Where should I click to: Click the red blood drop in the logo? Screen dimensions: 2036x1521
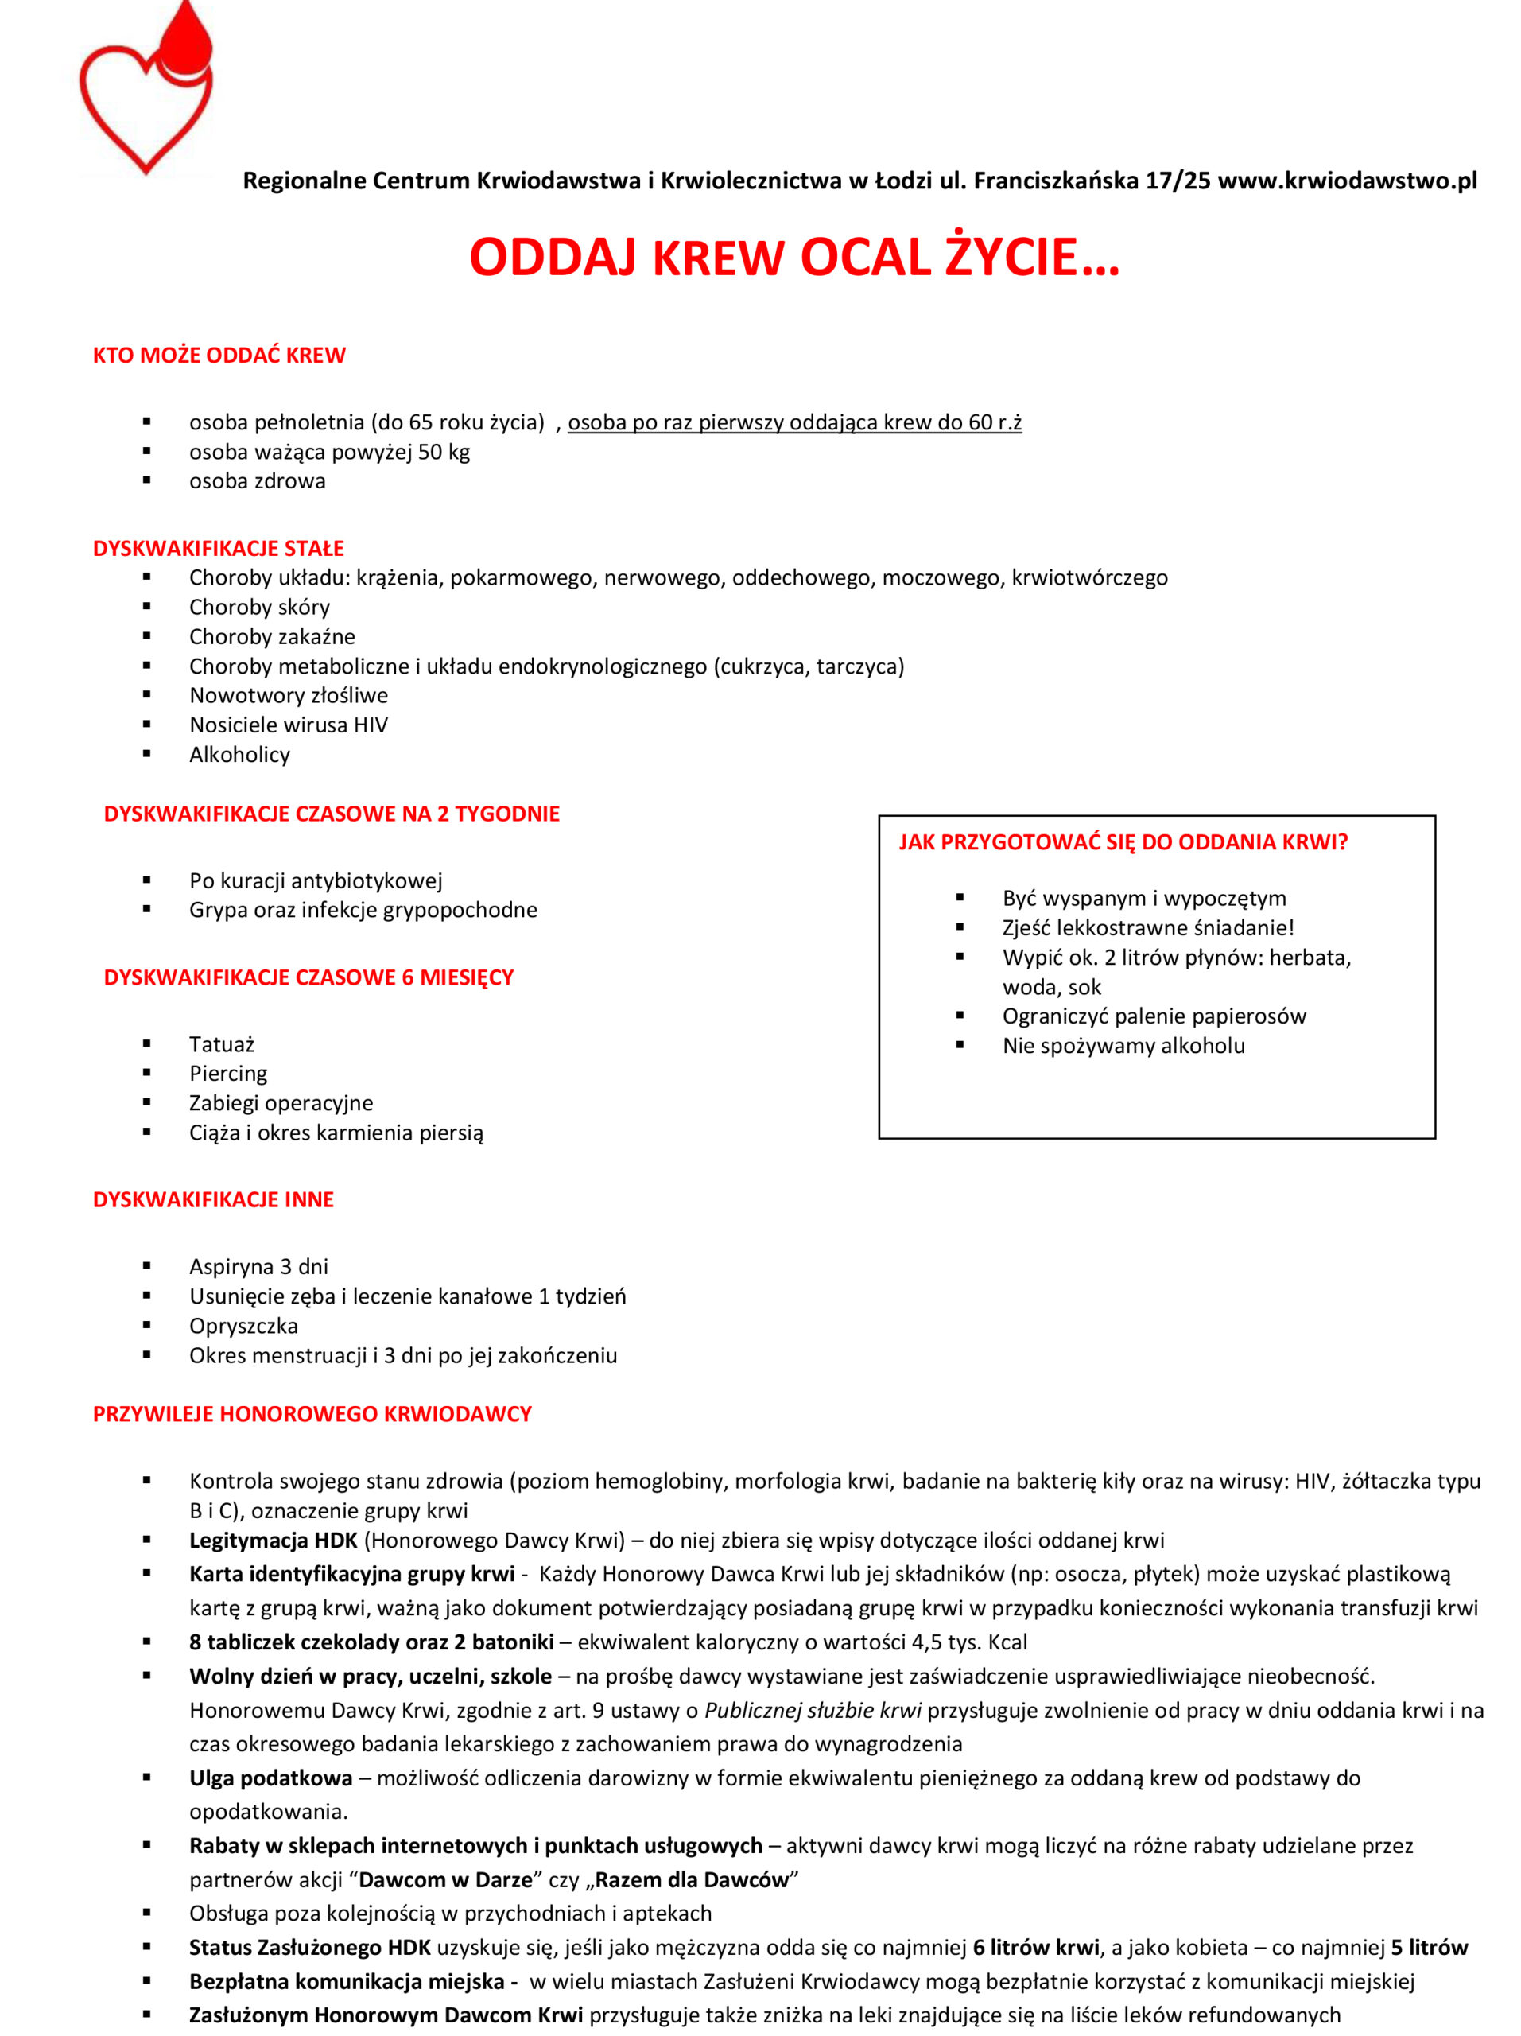coord(186,41)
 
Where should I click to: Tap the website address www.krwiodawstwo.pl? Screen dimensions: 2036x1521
coord(1347,181)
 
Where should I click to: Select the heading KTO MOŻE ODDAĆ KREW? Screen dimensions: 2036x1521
coord(219,356)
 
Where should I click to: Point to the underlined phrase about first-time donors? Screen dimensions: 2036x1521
coord(794,422)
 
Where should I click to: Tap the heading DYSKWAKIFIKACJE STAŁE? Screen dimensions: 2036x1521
coord(218,549)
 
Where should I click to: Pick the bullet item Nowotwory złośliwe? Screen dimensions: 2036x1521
coord(288,695)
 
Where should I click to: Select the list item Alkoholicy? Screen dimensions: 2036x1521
coord(239,754)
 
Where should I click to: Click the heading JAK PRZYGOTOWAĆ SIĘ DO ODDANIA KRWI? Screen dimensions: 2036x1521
coord(1123,842)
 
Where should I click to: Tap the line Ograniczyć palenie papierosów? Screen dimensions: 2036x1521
coord(1154,1016)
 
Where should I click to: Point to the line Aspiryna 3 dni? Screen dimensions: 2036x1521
coord(258,1266)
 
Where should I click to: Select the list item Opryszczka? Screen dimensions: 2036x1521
coord(243,1326)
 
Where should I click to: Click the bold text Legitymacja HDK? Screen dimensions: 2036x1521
coord(273,1540)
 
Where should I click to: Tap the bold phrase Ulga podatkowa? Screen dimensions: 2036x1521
coord(270,1778)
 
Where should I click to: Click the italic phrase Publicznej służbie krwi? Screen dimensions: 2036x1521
coord(813,1710)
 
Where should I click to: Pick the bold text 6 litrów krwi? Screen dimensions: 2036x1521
coord(1035,1947)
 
